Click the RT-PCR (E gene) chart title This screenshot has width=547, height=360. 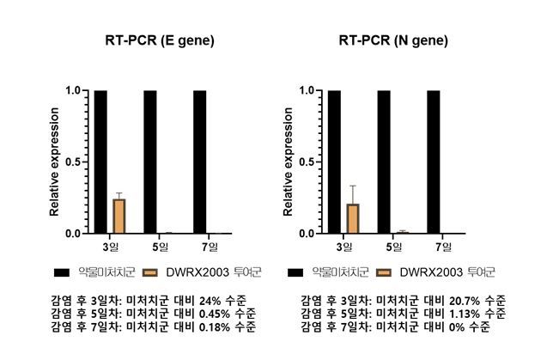(x=155, y=40)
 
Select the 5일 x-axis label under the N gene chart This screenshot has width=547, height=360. (x=393, y=247)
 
